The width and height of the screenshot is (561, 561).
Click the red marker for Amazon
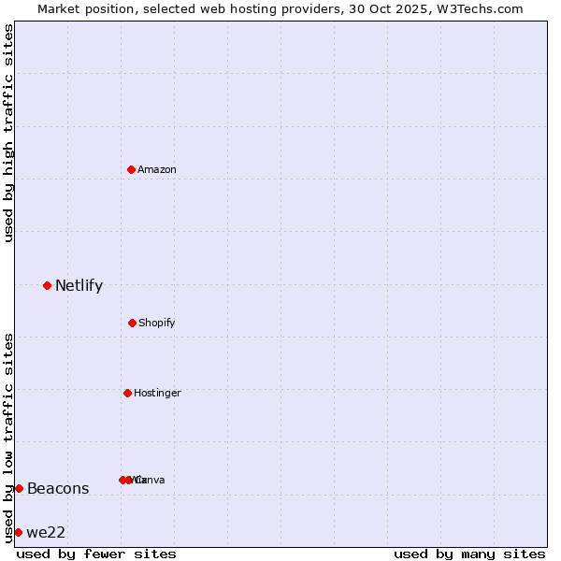coord(131,169)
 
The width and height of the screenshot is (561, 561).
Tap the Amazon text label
coord(157,169)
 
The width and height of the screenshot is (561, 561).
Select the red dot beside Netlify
coord(47,285)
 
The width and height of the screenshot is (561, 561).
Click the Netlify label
coord(79,286)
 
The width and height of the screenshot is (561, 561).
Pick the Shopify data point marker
coord(132,323)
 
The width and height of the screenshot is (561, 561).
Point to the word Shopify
coord(157,323)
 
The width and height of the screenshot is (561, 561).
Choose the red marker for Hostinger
coord(127,393)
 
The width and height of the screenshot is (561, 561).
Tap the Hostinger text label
coord(157,393)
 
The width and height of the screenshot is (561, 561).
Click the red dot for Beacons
coord(19,488)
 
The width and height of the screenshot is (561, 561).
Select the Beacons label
coord(58,488)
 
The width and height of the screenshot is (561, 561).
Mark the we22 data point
coord(18,532)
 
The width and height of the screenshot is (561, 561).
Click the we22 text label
coord(46,533)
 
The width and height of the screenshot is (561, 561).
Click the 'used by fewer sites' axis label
coord(96,554)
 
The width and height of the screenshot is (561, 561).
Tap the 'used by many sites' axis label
coord(469,554)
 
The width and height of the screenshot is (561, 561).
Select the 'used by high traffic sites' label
coord(8,134)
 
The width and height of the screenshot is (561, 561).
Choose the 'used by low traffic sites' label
coord(8,437)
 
